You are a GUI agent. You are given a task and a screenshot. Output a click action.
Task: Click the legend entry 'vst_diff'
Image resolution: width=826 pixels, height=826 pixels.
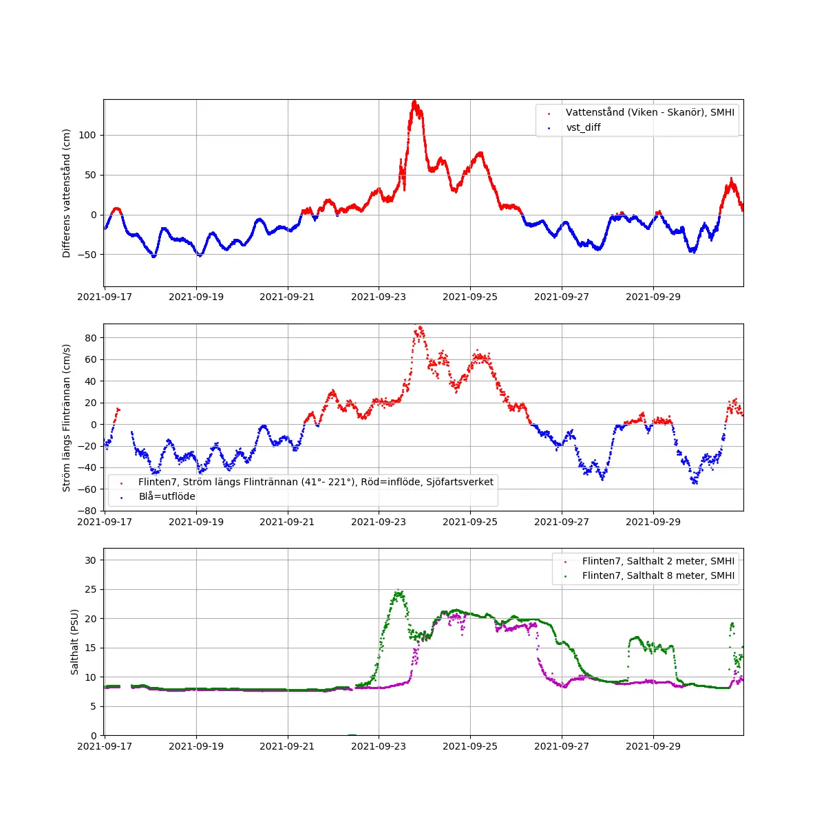tap(583, 127)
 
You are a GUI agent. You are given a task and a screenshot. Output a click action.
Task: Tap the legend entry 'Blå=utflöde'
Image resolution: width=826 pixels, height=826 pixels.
tap(167, 496)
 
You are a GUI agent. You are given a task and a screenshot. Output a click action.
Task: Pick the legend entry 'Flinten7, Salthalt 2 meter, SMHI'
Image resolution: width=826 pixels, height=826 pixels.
tap(658, 561)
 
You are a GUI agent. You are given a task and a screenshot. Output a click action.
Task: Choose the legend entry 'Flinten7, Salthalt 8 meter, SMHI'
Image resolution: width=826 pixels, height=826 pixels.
tap(658, 575)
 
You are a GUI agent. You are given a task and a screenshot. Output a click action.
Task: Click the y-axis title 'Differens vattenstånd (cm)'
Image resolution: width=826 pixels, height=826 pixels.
tap(67, 193)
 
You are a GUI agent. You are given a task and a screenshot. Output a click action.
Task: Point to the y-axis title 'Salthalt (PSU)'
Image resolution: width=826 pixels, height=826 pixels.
tap(75, 642)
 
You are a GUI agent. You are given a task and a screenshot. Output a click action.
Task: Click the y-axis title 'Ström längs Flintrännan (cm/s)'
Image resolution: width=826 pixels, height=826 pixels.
tap(67, 418)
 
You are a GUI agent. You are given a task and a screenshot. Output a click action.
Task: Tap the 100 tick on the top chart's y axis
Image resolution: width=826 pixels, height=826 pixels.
tap(87, 135)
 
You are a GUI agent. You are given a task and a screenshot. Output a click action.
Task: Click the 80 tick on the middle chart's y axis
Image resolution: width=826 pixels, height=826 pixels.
tap(90, 337)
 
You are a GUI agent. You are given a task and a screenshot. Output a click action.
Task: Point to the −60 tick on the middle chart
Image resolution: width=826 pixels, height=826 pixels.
tap(87, 489)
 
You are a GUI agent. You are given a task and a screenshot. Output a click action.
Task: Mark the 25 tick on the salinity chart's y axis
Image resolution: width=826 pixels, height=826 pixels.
tap(90, 589)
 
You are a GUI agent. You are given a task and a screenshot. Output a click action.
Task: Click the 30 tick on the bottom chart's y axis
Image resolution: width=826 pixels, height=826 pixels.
tap(90, 560)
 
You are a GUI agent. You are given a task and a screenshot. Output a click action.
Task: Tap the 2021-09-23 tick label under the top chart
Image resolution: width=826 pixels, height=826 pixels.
tap(379, 297)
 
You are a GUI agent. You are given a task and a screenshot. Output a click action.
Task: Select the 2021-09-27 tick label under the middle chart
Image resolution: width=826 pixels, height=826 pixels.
tap(562, 522)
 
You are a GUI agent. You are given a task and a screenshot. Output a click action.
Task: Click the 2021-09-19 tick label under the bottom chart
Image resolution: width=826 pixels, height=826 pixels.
tap(196, 746)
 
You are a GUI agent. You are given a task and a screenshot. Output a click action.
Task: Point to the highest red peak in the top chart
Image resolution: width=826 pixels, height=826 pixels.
tap(414, 101)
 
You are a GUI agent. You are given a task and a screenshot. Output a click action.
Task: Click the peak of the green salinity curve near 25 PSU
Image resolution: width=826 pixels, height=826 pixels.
tap(398, 591)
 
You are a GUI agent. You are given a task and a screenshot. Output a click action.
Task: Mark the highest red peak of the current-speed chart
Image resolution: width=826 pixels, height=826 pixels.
tap(421, 327)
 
